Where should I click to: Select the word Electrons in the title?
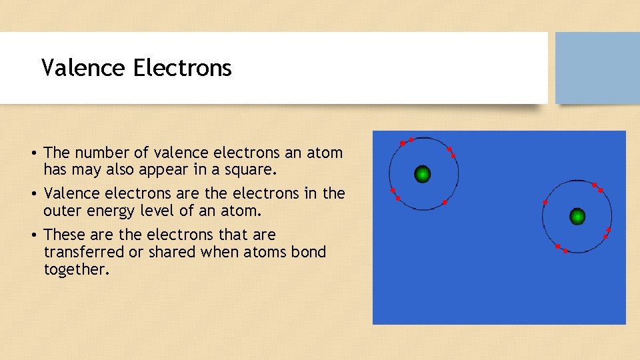pos(182,68)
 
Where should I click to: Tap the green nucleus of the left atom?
pos(422,175)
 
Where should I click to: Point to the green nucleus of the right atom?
pos(577,216)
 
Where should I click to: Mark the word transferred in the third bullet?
pos(85,252)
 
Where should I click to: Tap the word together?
pos(75,269)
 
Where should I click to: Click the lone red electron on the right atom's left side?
pos(545,202)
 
